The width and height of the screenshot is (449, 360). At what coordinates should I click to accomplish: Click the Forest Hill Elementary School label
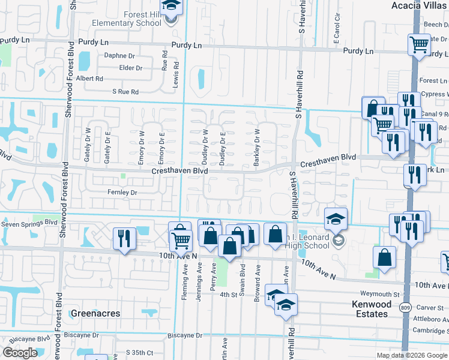pos(127,19)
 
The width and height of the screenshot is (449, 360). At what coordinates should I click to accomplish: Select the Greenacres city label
pos(95,313)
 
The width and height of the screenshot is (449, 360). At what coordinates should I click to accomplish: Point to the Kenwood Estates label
pos(370,309)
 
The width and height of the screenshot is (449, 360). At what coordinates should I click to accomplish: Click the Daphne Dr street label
pos(119,56)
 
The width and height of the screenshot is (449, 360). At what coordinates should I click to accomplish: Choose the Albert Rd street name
pos(89,79)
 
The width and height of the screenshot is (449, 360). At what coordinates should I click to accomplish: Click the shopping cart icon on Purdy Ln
pos(419,44)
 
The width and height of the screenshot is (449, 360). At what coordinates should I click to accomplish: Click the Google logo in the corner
pos(20,353)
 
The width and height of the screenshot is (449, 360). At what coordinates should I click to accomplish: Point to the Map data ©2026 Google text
pos(412,356)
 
